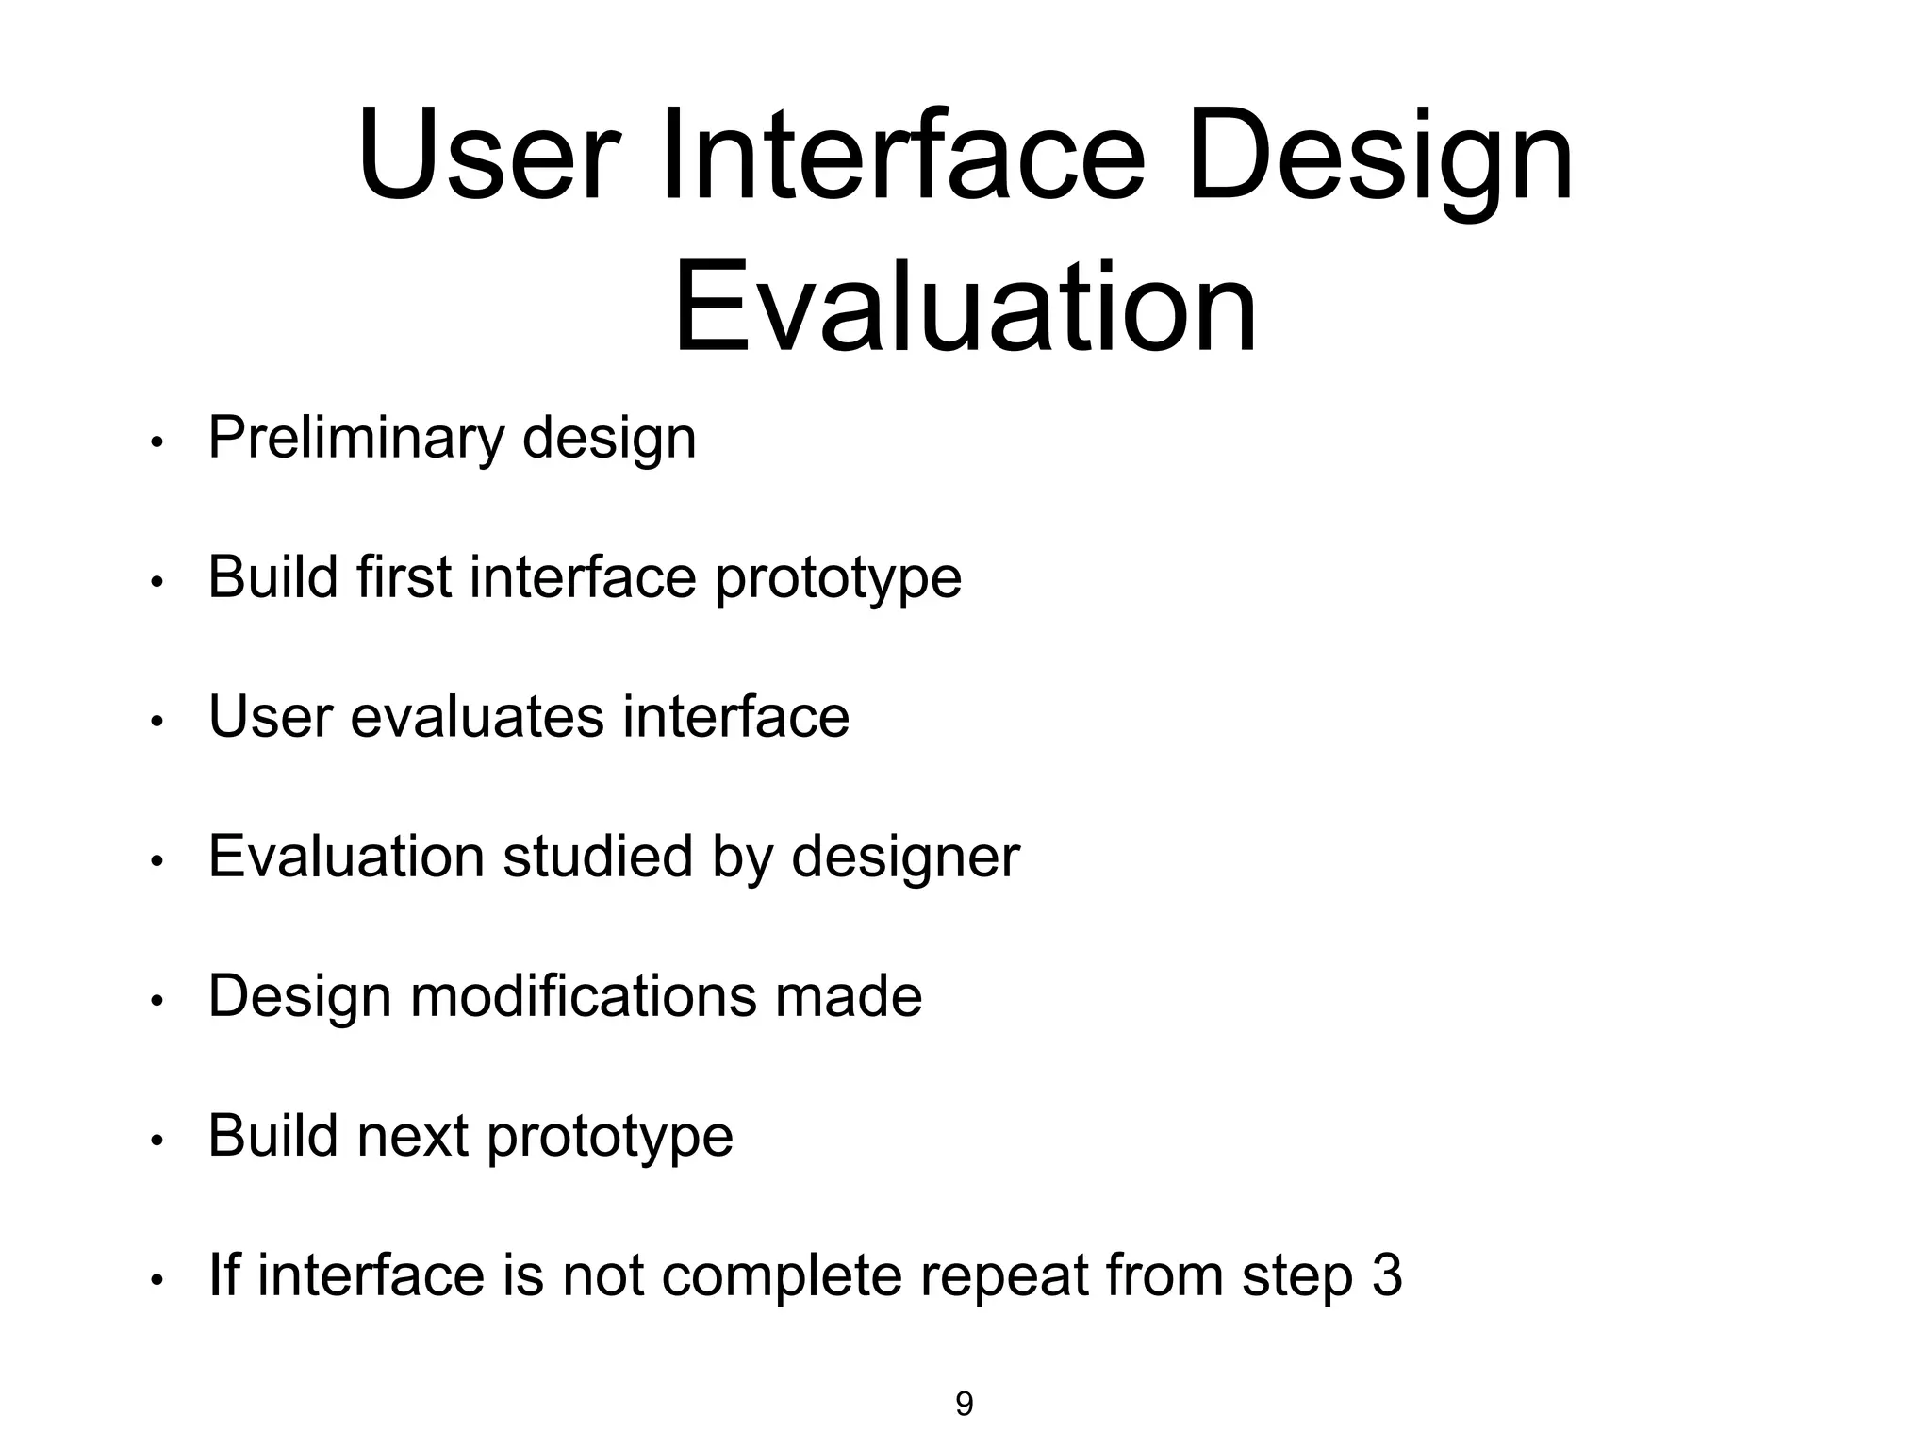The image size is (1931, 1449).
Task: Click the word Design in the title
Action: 1379,156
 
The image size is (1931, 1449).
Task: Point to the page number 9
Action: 964,1404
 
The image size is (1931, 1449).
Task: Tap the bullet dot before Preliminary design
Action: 157,442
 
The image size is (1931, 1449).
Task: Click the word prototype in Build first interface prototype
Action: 837,578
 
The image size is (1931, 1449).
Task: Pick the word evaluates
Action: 476,717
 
